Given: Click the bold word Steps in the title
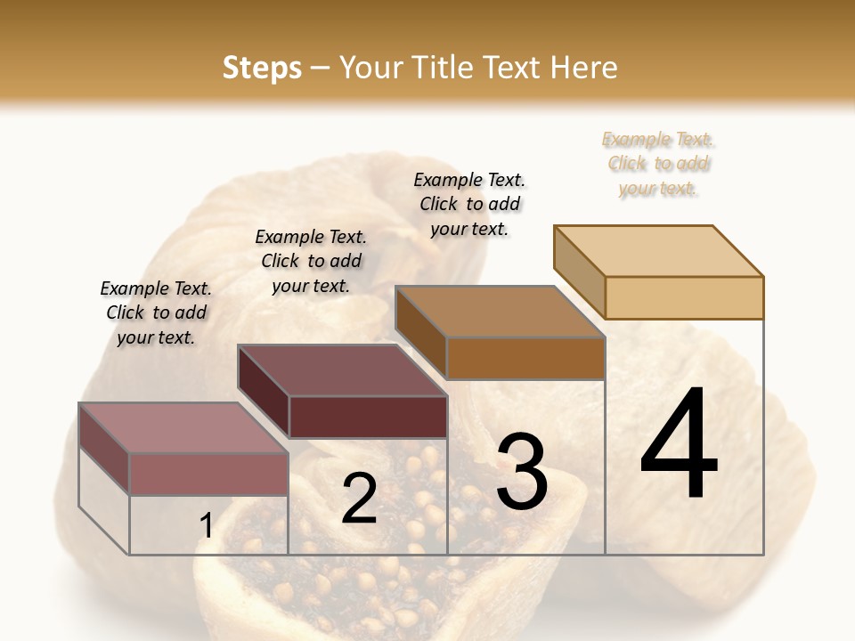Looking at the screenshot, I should tap(262, 68).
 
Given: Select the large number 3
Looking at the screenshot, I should tap(521, 472).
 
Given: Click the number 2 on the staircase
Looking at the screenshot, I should tap(359, 499).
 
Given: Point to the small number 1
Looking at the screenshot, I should tap(206, 526).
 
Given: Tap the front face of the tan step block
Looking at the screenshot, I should tap(684, 297).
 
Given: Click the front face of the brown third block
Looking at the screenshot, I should tap(525, 358).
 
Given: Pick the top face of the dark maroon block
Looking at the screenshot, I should tap(342, 370).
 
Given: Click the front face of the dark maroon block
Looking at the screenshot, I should tap(368, 417).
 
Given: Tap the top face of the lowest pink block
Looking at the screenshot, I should tap(183, 428).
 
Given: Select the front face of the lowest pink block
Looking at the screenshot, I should tap(208, 474).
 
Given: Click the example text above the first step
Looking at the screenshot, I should tap(156, 312).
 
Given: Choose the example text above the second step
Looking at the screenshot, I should tap(311, 261).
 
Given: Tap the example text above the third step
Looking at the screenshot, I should tap(469, 204).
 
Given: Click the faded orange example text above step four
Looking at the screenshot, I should tap(658, 163).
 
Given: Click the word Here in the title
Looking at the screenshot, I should tap(584, 68).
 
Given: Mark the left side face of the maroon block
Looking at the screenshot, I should tap(264, 392).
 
